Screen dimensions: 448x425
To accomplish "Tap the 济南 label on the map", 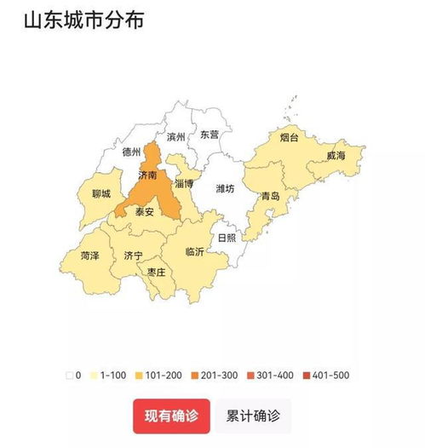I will [x=146, y=175].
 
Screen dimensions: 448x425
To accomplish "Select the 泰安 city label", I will [x=144, y=213].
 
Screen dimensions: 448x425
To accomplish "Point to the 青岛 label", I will [x=271, y=195].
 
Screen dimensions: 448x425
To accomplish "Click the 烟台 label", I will [x=289, y=137].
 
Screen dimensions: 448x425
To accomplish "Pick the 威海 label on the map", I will [x=336, y=157].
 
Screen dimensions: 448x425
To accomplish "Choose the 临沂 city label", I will [x=195, y=252].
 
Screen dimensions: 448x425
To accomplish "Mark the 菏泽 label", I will [x=90, y=255].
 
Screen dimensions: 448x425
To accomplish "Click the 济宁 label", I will [x=133, y=255].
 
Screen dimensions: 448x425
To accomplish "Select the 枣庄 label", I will [x=156, y=272].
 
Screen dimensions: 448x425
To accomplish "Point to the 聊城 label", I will [x=101, y=193].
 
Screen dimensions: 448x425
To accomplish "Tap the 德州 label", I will [x=131, y=152].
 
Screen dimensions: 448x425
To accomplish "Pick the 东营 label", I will [x=209, y=135].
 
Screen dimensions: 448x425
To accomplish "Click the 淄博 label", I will [x=184, y=183].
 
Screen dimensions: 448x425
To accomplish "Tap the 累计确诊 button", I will [x=254, y=416].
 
